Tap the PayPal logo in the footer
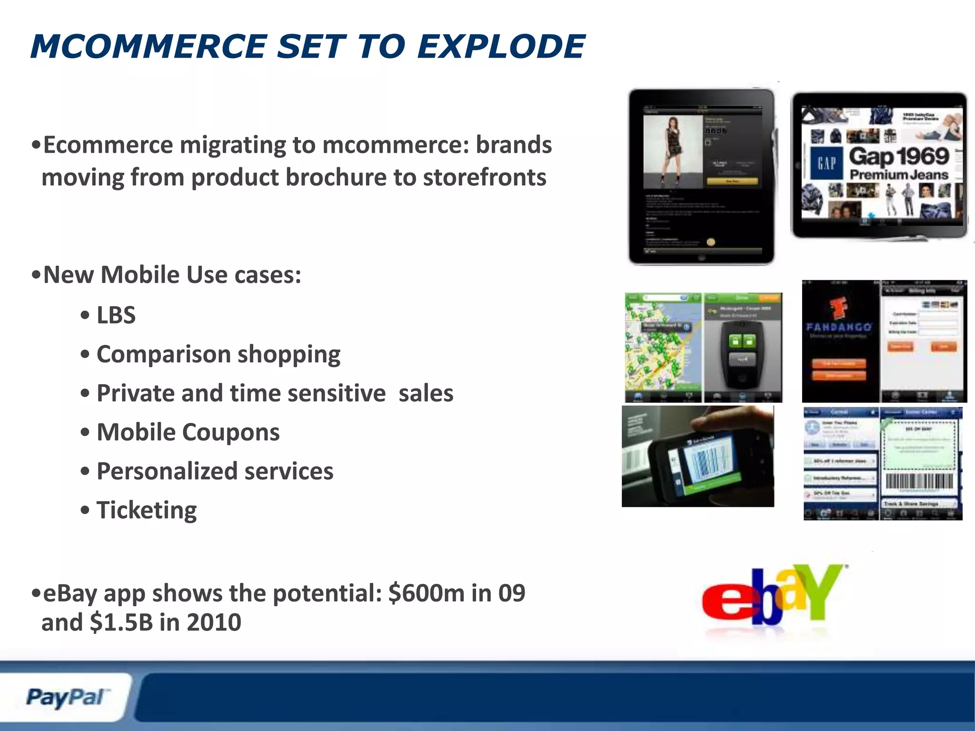click(65, 698)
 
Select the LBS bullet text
click(116, 315)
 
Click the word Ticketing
click(146, 510)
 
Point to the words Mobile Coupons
click(188, 432)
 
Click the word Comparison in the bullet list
click(164, 355)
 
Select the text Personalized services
click(215, 471)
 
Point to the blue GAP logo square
click(826, 163)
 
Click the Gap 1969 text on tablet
click(899, 156)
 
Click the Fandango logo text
click(839, 327)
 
